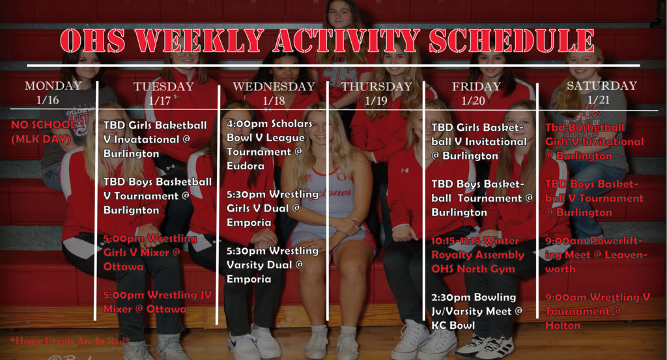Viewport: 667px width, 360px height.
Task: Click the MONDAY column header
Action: click(x=53, y=86)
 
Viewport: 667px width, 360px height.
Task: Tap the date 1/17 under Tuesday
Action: click(x=160, y=101)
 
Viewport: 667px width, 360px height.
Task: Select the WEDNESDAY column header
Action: click(x=274, y=87)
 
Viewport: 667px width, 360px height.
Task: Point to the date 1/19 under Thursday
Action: click(x=376, y=101)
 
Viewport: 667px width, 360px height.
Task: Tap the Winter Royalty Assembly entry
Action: click(x=475, y=255)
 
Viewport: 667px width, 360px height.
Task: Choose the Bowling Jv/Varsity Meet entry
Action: click(x=477, y=311)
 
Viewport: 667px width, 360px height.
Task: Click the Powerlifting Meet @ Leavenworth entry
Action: click(x=596, y=255)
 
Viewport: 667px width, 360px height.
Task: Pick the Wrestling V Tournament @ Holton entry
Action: click(x=597, y=311)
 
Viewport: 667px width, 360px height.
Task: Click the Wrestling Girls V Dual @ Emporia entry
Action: click(x=272, y=208)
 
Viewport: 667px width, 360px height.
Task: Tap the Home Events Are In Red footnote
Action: click(x=70, y=340)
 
